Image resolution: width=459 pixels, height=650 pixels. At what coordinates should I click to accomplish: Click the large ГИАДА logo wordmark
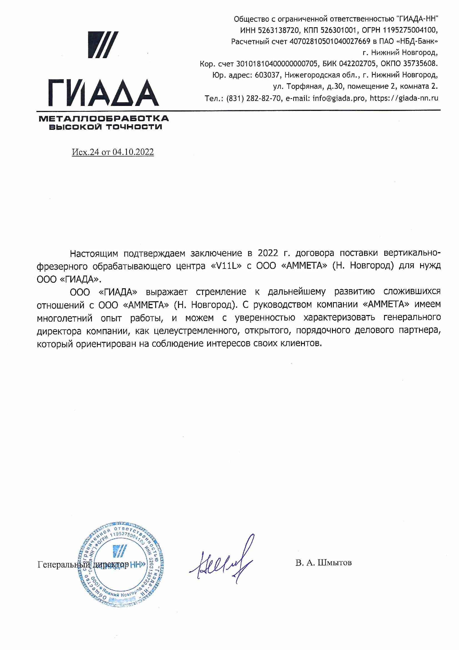pos(103,93)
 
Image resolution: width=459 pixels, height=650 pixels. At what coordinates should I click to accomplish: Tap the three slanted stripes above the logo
pos(103,45)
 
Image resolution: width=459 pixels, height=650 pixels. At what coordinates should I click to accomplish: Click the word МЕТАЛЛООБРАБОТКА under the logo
pos(104,118)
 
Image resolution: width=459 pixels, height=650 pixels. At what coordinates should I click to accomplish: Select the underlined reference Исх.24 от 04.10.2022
pos(112,152)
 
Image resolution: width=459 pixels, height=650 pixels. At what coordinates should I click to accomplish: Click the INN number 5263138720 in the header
pos(278,30)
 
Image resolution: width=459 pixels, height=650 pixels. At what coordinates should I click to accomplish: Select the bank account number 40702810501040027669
pos(330,41)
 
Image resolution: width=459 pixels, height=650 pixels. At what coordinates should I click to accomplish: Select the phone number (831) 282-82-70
pos(254,98)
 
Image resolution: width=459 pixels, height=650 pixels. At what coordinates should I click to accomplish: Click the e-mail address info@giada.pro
pos(338,98)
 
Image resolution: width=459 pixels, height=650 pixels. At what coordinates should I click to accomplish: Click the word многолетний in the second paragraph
pos(64,318)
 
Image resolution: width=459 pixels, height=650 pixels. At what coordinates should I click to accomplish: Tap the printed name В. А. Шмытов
pos(323,562)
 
